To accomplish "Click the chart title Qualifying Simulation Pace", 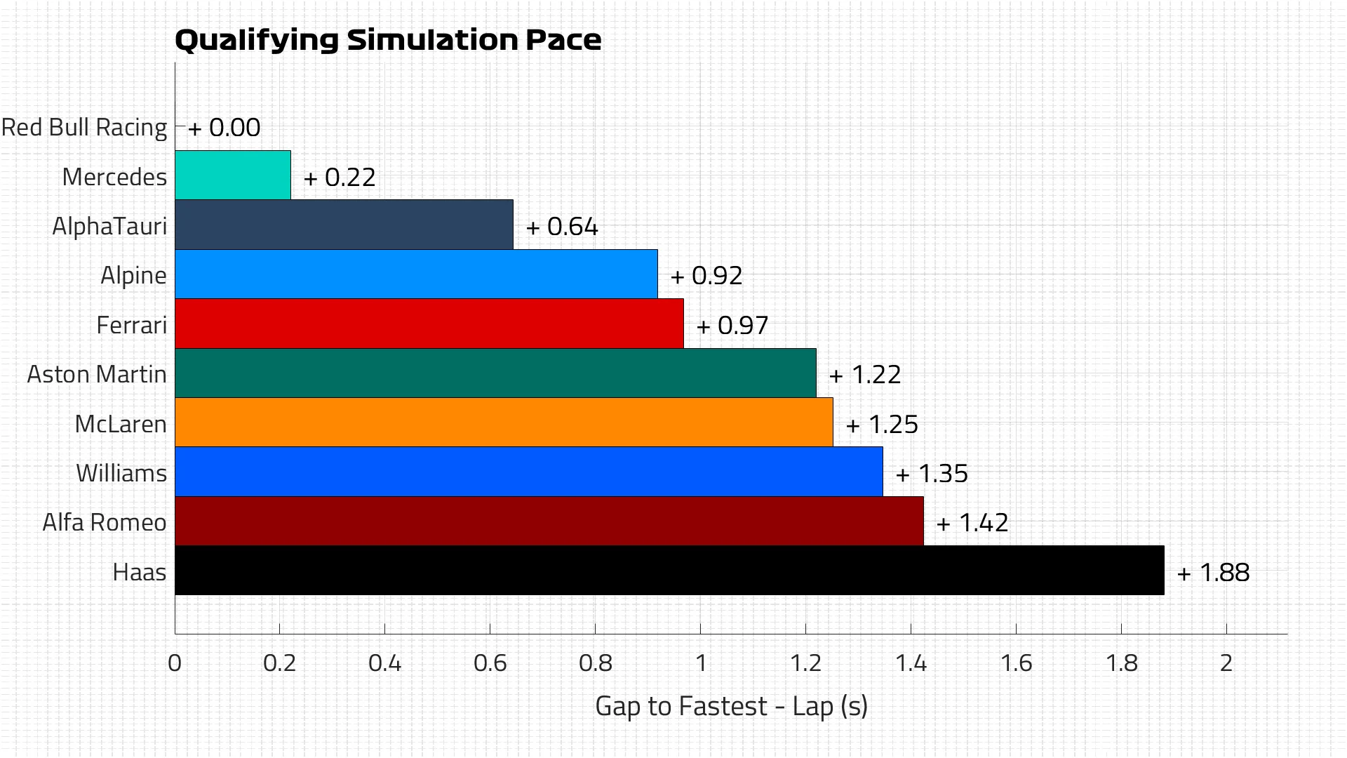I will (387, 40).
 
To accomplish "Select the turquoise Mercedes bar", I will (232, 175).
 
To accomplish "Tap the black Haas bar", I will (669, 571).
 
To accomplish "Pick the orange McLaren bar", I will (503, 423).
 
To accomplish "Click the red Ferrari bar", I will (429, 324).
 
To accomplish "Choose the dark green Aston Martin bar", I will (495, 373).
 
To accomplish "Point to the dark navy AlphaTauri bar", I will (344, 225).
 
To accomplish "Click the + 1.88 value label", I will (1213, 573).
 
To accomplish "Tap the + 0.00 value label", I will (224, 128).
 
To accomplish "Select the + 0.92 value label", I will (706, 276).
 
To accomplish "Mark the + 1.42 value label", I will (972, 523).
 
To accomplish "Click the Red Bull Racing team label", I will (84, 128).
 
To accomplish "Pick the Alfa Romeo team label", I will (105, 523).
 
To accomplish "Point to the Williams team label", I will (121, 473).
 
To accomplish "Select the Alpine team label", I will (133, 275).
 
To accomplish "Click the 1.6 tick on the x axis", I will (1016, 663).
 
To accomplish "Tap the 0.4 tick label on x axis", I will (384, 663).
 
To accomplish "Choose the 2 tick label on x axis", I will (1226, 663).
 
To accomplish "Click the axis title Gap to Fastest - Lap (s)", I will (731, 706).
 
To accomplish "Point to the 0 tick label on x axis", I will (175, 663).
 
